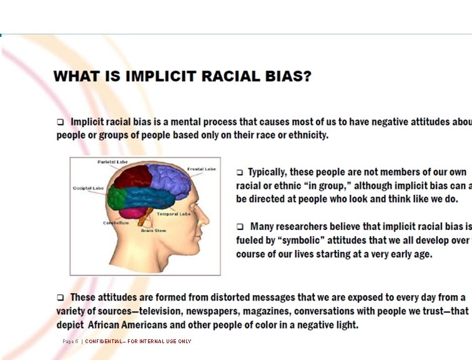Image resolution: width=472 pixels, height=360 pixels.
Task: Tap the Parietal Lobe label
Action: coord(112,162)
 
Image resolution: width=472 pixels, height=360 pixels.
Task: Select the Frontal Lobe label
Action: coord(201,169)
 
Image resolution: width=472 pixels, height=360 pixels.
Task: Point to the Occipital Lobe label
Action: coord(88,188)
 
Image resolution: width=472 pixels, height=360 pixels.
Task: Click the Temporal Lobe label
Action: coord(173,214)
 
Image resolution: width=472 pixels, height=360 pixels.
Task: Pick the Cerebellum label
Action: coord(116,222)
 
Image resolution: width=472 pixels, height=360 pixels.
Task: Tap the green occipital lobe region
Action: coord(116,197)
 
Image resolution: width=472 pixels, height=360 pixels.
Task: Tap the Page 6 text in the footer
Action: coord(70,341)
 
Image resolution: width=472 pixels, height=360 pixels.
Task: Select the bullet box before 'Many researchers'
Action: coord(240,226)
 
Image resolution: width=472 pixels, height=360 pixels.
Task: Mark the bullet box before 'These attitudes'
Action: coord(61,297)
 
